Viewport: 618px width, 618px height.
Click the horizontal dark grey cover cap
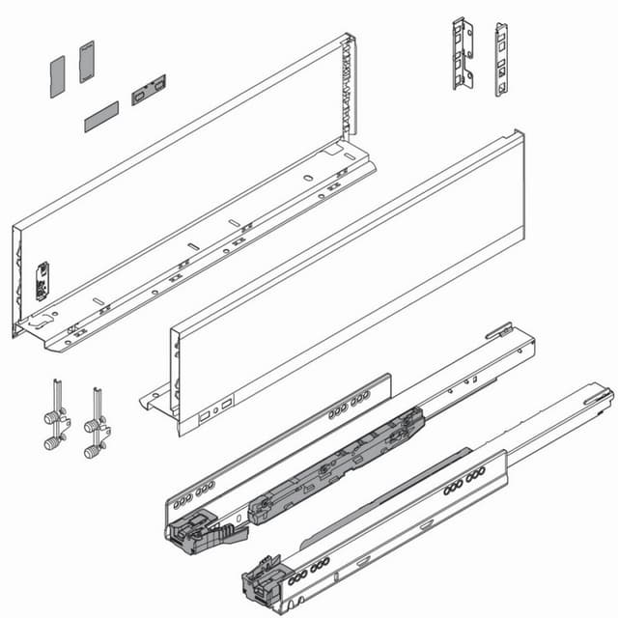coord(100,117)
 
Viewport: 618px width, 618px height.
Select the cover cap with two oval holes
coord(149,89)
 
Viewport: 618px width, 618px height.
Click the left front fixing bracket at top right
coord(463,53)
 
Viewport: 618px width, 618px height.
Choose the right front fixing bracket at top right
coord(501,60)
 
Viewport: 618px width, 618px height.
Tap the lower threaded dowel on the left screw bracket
coord(50,443)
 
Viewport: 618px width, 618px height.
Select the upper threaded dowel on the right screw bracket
coord(91,425)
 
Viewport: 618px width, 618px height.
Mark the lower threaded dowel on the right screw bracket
coord(91,450)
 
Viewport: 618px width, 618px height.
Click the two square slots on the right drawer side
coord(213,410)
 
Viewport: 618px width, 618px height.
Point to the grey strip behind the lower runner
coord(386,492)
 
